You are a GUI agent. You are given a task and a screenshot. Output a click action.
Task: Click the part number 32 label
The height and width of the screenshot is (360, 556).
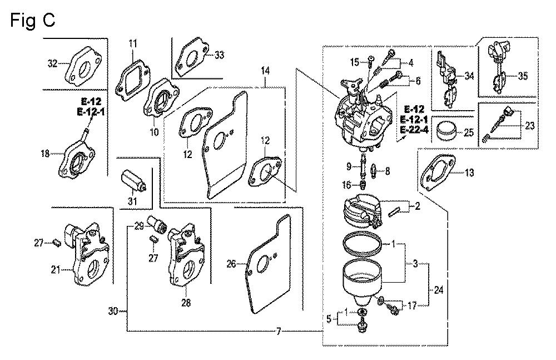(x=53, y=64)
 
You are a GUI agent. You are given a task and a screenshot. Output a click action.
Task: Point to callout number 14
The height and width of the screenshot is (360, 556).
(x=265, y=71)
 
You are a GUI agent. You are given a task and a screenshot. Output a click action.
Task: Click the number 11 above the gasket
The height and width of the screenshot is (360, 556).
(x=133, y=43)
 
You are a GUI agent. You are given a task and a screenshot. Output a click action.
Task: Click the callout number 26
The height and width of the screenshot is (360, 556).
(x=232, y=265)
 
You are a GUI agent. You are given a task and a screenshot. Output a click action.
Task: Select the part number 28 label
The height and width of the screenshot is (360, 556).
(x=186, y=303)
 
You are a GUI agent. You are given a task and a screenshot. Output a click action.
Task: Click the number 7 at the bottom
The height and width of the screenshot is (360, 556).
(x=279, y=332)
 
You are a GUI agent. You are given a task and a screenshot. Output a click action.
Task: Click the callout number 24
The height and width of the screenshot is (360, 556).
(x=439, y=289)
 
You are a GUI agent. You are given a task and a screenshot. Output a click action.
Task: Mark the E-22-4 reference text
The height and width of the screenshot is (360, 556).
(x=415, y=130)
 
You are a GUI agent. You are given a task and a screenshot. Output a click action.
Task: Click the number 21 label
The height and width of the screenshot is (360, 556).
(x=55, y=271)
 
